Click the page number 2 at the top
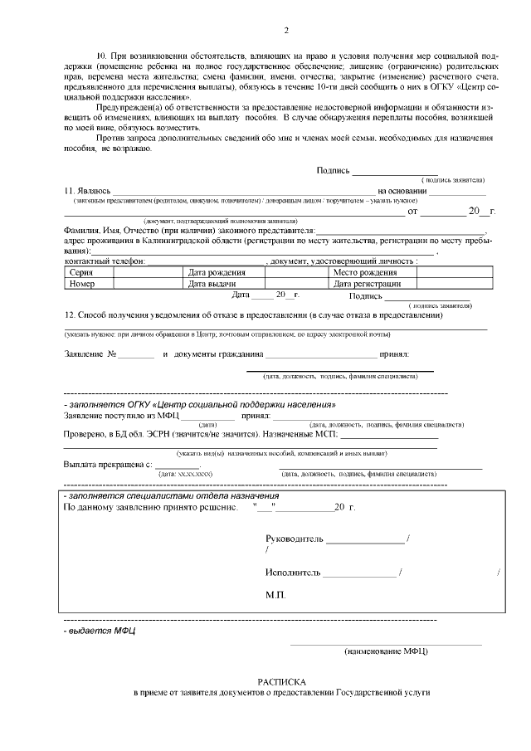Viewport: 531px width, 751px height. coord(286,32)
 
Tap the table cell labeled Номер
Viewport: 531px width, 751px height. coord(82,283)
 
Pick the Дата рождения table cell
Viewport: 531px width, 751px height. coord(217,272)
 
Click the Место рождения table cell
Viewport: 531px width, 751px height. coord(365,272)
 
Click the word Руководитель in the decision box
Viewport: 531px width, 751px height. coord(295,539)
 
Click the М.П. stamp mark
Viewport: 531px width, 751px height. coord(275,596)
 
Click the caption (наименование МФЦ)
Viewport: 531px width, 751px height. coord(386,651)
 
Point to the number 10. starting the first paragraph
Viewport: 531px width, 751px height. coord(104,54)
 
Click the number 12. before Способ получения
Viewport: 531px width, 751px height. coord(70,315)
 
